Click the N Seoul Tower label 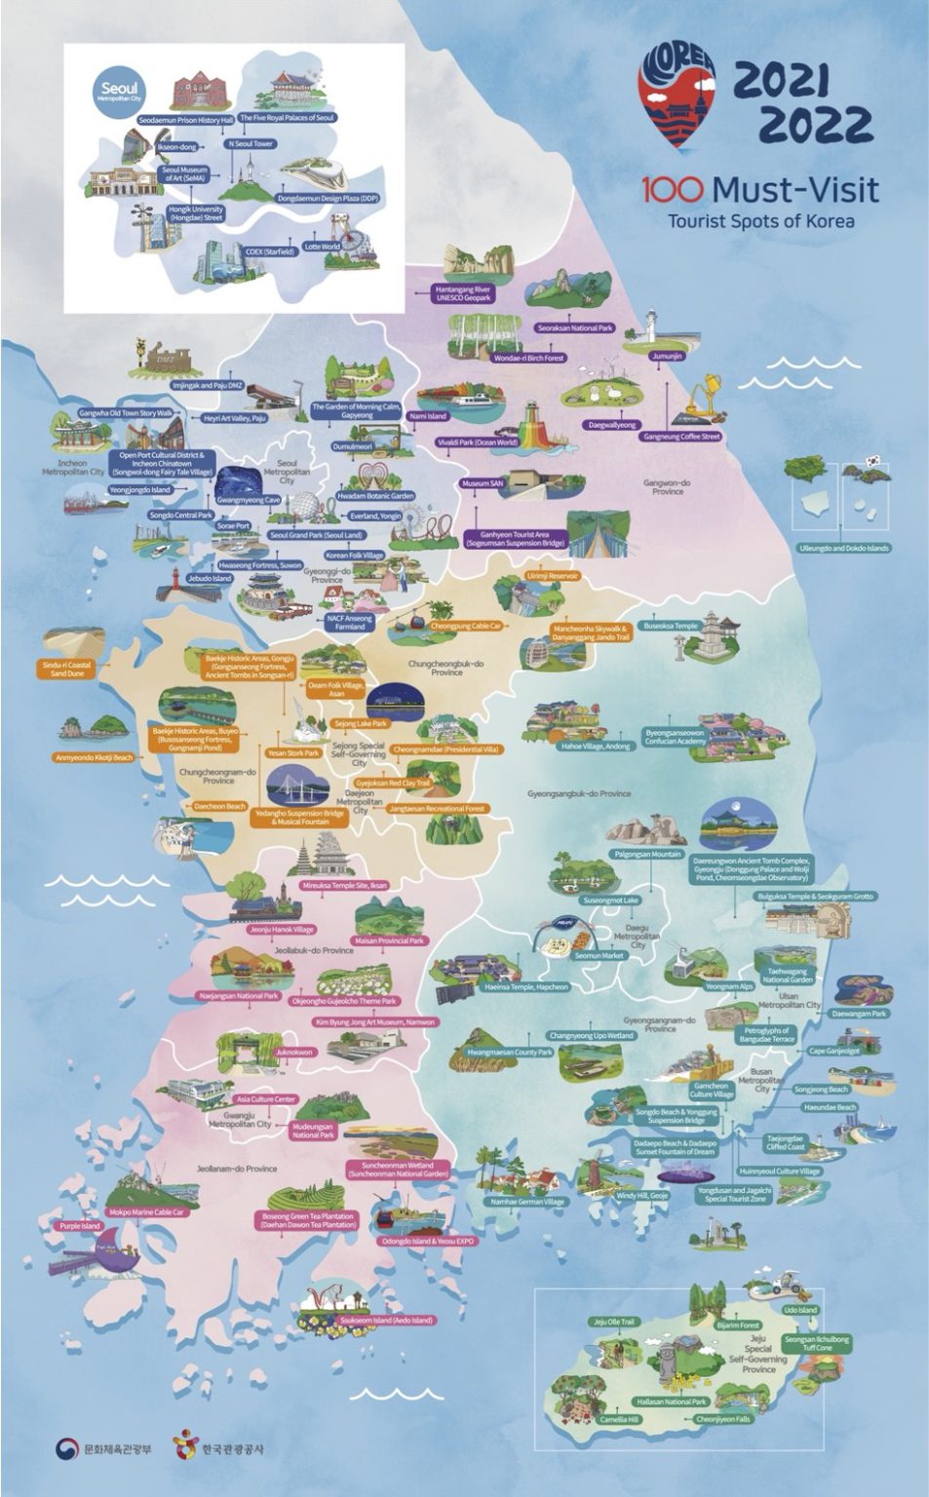point(250,143)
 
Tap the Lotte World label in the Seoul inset point(323,247)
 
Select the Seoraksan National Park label point(574,328)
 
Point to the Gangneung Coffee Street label point(681,437)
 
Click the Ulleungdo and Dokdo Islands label point(843,548)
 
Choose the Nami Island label point(429,416)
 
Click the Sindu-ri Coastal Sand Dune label point(66,669)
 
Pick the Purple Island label point(80,1226)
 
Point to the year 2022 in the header point(815,125)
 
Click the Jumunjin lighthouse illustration point(651,329)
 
